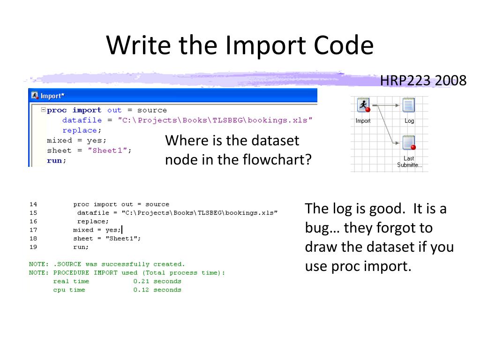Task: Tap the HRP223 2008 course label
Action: pyautogui.click(x=423, y=81)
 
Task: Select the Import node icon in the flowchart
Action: pyautogui.click(x=363, y=105)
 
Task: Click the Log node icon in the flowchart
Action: pyautogui.click(x=409, y=105)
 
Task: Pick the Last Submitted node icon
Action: pyautogui.click(x=409, y=142)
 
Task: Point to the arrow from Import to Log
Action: pyautogui.click(x=389, y=105)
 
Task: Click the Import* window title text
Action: pyautogui.click(x=52, y=96)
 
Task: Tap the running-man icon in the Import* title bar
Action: pyautogui.click(x=35, y=96)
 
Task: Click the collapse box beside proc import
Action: pyautogui.click(x=43, y=110)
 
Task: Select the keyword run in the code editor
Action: pyautogui.click(x=55, y=160)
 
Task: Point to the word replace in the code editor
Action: pyautogui.click(x=80, y=130)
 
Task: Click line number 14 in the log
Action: pyautogui.click(x=33, y=204)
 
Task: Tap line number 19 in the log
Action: pyautogui.click(x=33, y=247)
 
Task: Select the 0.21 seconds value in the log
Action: pyautogui.click(x=157, y=281)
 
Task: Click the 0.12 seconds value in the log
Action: pyautogui.click(x=157, y=290)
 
